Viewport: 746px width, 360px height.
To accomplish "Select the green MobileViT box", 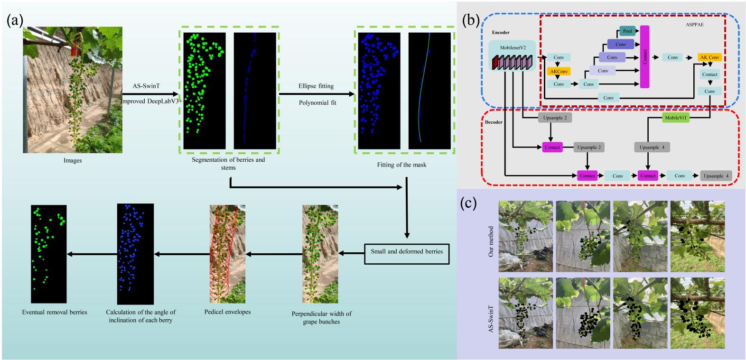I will click(675, 119).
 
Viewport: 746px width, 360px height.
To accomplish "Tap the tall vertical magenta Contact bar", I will click(644, 56).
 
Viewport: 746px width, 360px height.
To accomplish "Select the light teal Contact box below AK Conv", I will click(709, 74).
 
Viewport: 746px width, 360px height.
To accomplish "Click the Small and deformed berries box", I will click(407, 251).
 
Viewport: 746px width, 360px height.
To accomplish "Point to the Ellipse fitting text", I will click(316, 86).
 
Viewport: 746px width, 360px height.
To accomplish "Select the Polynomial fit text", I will click(317, 102).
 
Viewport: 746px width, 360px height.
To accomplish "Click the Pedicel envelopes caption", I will click(227, 312).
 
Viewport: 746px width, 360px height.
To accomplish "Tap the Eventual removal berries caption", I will click(54, 312).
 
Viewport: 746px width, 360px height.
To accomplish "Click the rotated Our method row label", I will click(491, 235).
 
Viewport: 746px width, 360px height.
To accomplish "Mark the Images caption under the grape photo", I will click(73, 160).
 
